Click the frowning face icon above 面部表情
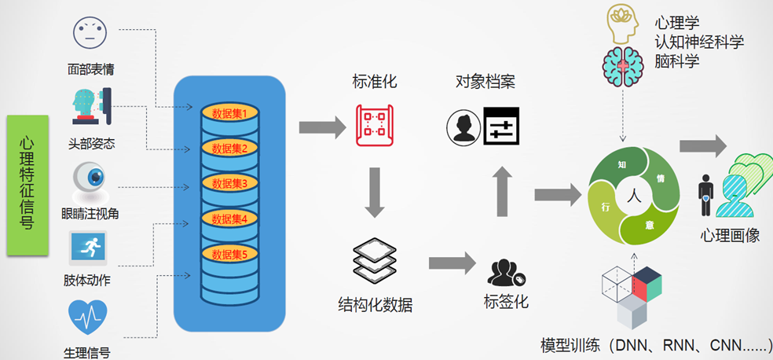click(89, 33)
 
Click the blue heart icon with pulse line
click(89, 317)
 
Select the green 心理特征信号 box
click(27, 186)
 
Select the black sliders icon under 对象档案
click(500, 126)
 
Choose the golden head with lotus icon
click(625, 23)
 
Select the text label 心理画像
click(730, 235)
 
